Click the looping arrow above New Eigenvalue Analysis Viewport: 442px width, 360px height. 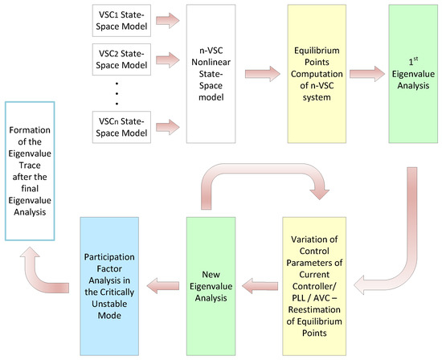[x=257, y=181]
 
